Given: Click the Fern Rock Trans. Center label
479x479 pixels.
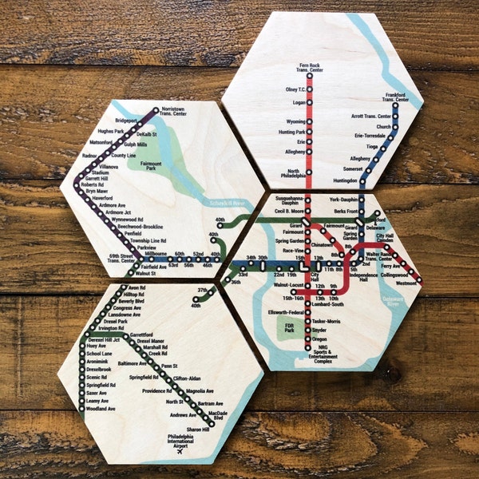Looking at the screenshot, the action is click(x=311, y=67).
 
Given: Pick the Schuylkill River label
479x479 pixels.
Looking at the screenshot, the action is click(x=228, y=204).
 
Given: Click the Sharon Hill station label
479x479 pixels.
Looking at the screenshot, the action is click(x=196, y=430).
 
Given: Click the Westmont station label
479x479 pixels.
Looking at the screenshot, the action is click(x=407, y=283).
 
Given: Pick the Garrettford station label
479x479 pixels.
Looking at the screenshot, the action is click(x=141, y=312).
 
